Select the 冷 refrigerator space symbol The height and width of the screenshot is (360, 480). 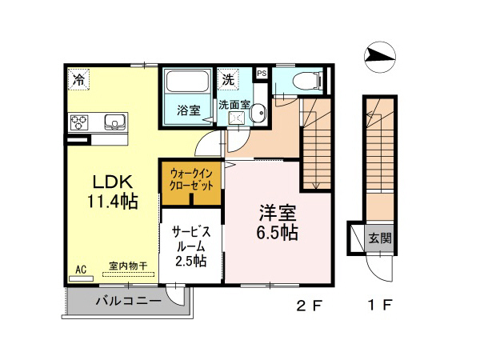(x=79, y=78)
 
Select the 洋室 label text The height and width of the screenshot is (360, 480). (x=278, y=214)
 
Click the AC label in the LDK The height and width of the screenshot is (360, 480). (x=80, y=270)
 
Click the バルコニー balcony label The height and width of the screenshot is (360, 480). (x=128, y=302)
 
